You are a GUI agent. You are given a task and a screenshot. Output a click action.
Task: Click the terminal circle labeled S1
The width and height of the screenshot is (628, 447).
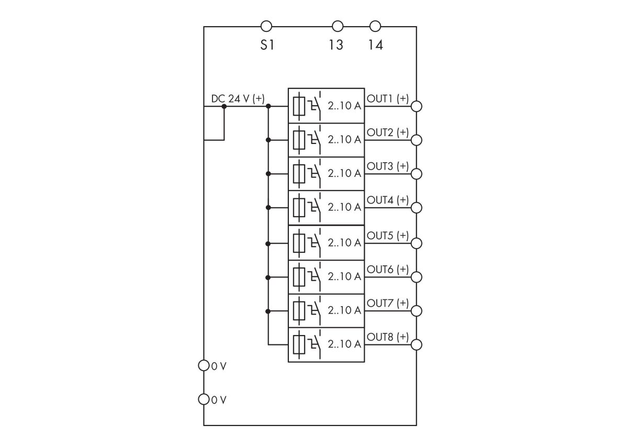coord(266,26)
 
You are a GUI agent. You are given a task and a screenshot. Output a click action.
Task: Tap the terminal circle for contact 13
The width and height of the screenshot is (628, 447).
coord(338,26)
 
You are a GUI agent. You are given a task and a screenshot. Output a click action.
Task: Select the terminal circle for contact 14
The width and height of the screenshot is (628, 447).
coord(375,26)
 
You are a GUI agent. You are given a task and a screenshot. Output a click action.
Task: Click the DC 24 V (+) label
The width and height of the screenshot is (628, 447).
coord(238,98)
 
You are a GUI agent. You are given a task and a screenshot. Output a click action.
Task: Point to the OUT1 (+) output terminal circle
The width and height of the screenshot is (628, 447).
coord(417,106)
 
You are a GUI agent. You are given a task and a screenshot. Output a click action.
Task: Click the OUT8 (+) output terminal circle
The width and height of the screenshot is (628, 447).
coord(417,344)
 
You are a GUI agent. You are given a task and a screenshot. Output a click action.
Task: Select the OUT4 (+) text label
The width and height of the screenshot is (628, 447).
coord(388,200)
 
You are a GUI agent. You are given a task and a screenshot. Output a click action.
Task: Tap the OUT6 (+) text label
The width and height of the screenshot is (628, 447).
coord(388,269)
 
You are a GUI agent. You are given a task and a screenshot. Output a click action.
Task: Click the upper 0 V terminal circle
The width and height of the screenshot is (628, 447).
coord(204,365)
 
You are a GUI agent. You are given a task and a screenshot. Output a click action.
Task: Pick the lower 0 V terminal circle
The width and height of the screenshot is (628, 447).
coord(204,400)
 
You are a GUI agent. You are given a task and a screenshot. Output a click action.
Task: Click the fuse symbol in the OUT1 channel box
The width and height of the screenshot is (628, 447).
coord(299,106)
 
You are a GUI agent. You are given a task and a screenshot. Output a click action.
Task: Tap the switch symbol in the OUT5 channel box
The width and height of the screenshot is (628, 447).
coord(315,242)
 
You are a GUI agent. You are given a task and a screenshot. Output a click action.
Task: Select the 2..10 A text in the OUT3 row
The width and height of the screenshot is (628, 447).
coord(344,173)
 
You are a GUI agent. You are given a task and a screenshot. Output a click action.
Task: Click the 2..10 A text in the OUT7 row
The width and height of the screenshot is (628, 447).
coord(344,310)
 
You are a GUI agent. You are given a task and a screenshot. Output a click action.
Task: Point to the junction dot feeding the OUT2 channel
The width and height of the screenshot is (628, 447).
coord(268,140)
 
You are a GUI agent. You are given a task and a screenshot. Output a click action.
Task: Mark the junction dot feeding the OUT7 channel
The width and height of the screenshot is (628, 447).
coord(268,311)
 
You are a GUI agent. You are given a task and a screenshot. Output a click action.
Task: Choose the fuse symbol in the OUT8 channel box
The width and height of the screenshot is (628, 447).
coord(299,344)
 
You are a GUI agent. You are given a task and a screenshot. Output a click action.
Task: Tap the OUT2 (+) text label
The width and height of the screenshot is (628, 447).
coord(388,132)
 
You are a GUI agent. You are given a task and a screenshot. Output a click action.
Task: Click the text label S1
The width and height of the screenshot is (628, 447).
coord(267,45)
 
